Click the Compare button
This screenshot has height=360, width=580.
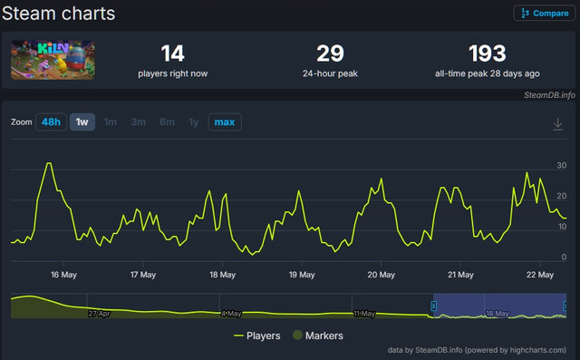click(544, 14)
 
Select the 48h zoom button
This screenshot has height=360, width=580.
click(51, 122)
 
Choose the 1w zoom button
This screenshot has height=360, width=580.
click(82, 122)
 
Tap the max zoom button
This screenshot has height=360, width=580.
click(225, 122)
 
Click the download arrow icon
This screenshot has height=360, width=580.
click(558, 124)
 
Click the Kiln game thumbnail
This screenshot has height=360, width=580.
click(53, 60)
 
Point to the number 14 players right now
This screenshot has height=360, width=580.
click(173, 54)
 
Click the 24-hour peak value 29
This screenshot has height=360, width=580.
click(330, 54)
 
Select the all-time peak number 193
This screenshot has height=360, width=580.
click(488, 54)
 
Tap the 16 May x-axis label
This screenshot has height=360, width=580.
click(63, 275)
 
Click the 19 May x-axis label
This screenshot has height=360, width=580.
click(302, 275)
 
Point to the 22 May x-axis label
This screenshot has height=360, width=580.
click(540, 275)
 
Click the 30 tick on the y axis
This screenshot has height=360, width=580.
click(562, 165)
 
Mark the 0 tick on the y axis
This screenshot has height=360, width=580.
click(564, 257)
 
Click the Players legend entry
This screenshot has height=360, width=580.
click(257, 336)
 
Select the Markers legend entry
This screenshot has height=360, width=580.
click(318, 336)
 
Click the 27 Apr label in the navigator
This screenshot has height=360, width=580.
click(99, 314)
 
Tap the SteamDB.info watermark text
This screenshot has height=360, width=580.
click(549, 95)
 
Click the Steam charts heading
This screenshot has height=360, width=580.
click(58, 14)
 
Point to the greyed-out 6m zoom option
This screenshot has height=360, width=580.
click(167, 122)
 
